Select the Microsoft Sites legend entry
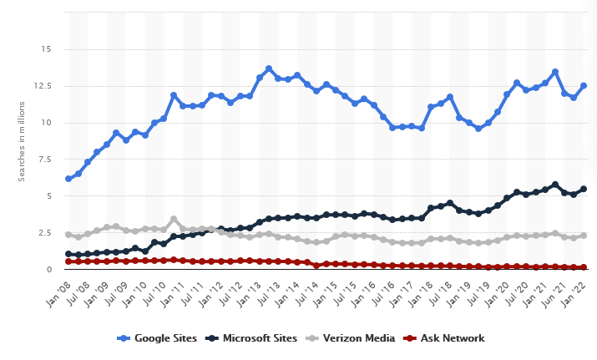255,338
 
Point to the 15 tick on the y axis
45,49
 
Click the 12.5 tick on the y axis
43,86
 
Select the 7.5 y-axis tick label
45,160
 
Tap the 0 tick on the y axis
48,270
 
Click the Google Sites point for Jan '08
68,179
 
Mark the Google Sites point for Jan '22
584,85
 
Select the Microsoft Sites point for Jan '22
584,189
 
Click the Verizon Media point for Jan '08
68,235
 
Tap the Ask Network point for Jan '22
584,267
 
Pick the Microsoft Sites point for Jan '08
68,254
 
